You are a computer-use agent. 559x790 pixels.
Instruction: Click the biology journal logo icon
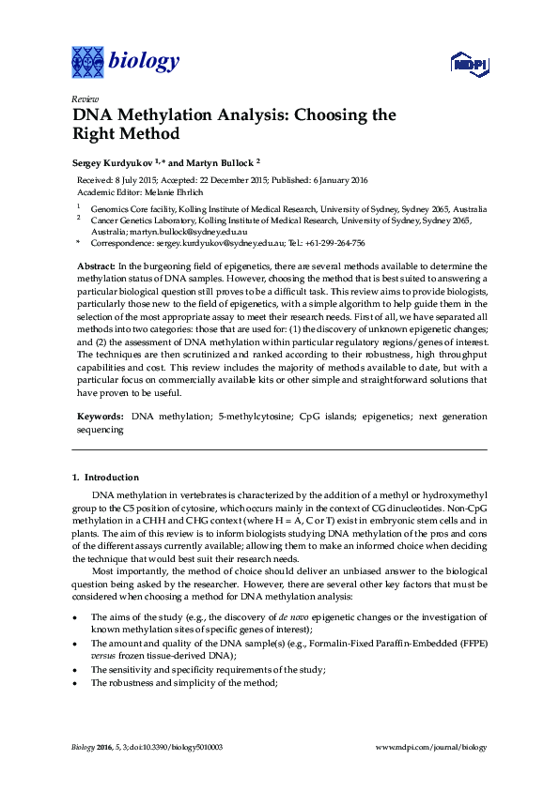tap(88, 62)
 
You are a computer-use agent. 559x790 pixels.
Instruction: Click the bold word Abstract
tap(95, 267)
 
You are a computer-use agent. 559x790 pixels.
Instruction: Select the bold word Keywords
tap(99, 415)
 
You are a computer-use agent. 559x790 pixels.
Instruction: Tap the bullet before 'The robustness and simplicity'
tap(75, 683)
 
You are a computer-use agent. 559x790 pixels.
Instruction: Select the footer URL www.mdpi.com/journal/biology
tap(431, 747)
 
